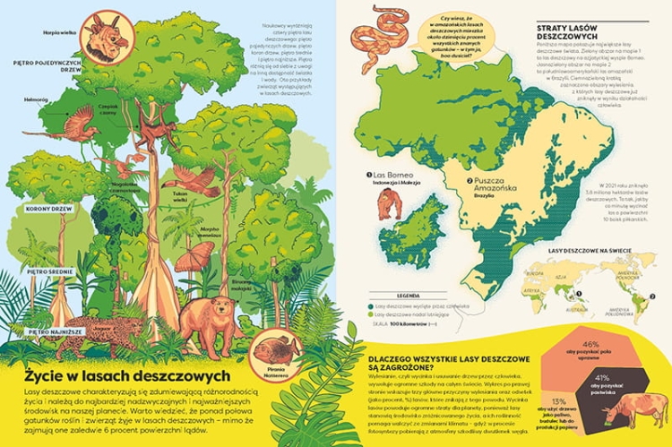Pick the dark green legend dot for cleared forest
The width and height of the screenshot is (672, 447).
click(369, 305)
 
